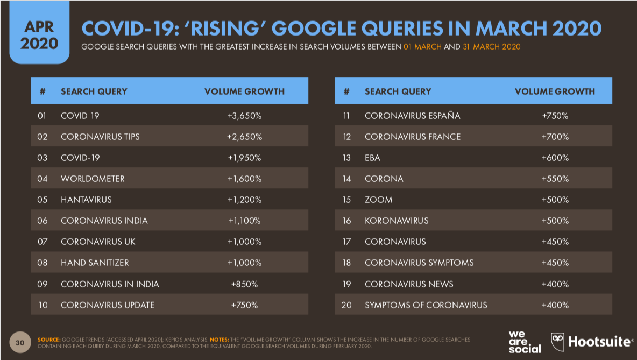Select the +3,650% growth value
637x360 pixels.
click(x=244, y=116)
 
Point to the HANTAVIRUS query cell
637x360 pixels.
click(x=86, y=200)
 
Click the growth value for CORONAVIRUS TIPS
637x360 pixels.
click(x=244, y=137)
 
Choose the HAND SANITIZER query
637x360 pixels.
click(x=95, y=263)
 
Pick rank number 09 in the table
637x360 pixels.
click(x=43, y=284)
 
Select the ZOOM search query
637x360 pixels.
click(x=378, y=200)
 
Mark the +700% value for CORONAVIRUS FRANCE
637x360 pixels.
click(x=555, y=137)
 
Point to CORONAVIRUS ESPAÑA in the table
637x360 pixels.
click(x=412, y=116)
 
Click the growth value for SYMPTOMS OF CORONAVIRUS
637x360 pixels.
click(x=555, y=305)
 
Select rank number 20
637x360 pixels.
click(x=346, y=305)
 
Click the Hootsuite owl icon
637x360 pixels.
click(x=558, y=340)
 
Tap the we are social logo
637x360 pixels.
click(x=525, y=341)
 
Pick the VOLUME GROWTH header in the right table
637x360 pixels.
click(x=555, y=91)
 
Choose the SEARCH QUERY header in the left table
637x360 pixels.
click(x=94, y=91)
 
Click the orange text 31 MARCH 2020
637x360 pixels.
click(x=492, y=47)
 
